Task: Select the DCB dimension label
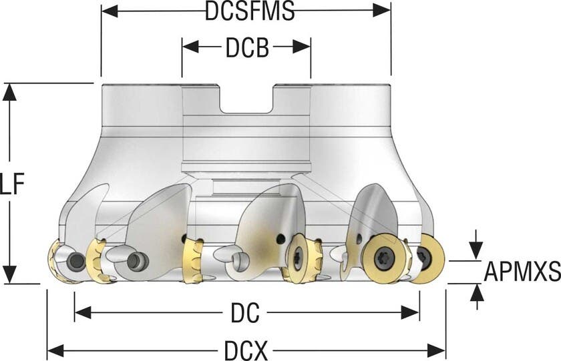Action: click(247, 47)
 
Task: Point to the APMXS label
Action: click(522, 272)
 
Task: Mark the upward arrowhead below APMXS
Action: click(476, 292)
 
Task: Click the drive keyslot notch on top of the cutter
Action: click(246, 99)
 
